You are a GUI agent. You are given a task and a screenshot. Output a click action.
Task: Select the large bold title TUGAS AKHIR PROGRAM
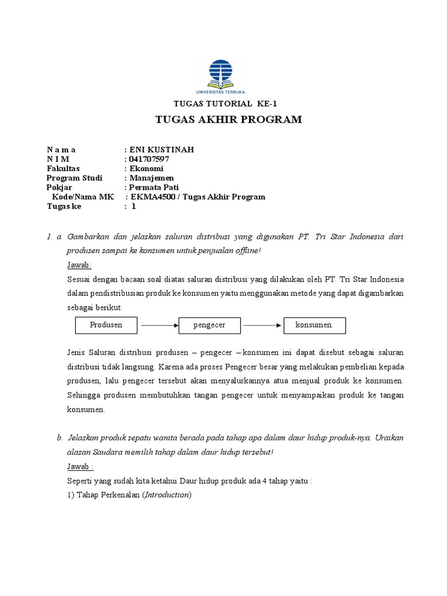click(229, 120)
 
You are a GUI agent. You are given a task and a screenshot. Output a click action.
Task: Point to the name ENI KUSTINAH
click(161, 150)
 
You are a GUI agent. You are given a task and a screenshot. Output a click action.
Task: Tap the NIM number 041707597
click(148, 159)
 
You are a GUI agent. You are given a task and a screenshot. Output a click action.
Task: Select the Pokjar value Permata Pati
click(154, 187)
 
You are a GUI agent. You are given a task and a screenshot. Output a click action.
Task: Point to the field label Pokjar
click(59, 187)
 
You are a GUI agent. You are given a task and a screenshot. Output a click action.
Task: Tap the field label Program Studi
click(74, 178)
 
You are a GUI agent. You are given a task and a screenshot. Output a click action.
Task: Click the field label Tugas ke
click(64, 206)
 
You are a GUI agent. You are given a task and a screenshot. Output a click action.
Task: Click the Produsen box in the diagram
click(106, 325)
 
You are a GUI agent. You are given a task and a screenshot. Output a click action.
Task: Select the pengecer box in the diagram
click(210, 325)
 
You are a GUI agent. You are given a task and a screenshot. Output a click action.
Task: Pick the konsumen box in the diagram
click(314, 325)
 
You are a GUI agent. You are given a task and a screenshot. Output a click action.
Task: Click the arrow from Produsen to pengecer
click(158, 326)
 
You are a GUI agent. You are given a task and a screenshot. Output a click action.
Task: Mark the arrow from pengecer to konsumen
click(262, 326)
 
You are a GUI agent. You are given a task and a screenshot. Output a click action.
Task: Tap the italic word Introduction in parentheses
click(166, 495)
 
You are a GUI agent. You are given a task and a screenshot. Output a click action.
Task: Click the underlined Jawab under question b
click(80, 466)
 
